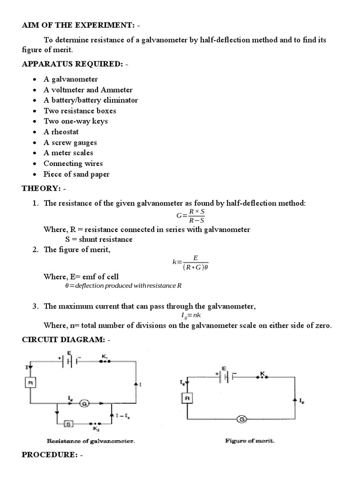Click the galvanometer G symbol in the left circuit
84,403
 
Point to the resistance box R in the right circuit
187,398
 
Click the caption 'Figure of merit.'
243,441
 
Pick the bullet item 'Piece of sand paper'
76,174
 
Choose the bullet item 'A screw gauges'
70,142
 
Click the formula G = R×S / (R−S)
191,216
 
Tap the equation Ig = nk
191,316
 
